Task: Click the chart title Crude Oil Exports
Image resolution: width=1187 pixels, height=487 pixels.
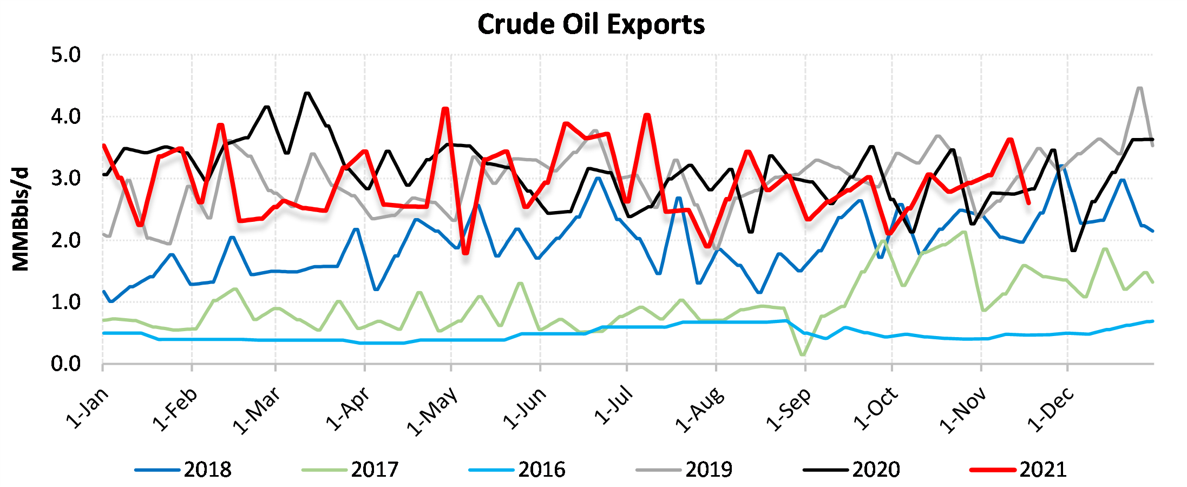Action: [591, 24]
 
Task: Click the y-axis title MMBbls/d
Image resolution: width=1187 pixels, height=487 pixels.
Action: [21, 219]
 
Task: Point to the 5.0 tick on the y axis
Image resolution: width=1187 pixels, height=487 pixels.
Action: [65, 55]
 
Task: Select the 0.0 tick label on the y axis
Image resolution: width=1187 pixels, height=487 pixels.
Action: [65, 364]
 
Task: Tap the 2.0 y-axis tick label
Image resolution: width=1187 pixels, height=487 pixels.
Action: [65, 240]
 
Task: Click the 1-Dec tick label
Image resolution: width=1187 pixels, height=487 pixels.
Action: [1051, 410]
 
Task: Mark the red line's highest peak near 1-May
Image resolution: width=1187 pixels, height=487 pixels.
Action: [445, 109]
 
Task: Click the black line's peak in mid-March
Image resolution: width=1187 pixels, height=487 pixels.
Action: [307, 93]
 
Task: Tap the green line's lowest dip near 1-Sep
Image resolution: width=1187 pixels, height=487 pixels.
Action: [803, 355]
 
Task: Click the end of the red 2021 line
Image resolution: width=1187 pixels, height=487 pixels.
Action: [1028, 203]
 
